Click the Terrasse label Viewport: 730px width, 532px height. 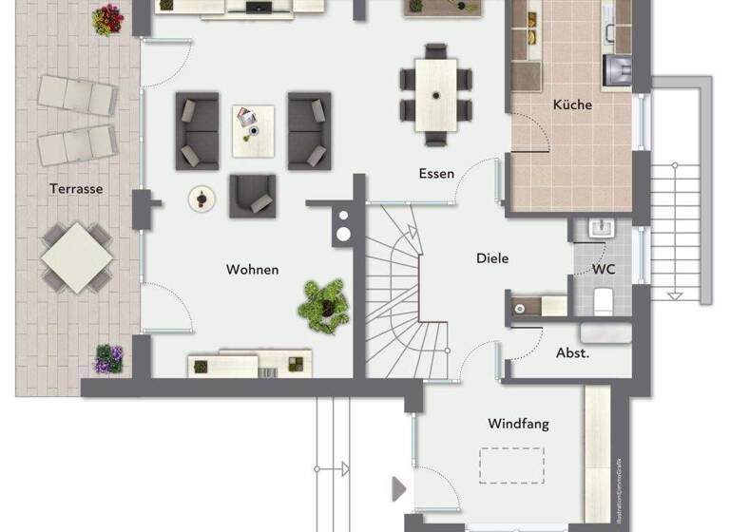[76, 189]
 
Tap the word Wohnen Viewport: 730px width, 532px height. [252, 270]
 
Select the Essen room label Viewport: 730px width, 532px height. [436, 174]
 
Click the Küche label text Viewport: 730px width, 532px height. [572, 104]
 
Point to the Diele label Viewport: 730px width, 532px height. [491, 258]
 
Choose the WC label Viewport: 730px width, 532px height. [604, 270]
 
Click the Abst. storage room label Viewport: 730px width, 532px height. [572, 352]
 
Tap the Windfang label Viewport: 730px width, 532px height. [518, 424]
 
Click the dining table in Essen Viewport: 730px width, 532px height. [437, 94]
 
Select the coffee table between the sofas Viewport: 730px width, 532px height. [253, 130]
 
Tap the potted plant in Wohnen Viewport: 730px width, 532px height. [323, 303]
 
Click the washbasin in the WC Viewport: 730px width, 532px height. [601, 230]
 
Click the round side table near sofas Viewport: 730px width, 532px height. [202, 198]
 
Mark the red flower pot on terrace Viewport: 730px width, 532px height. [108, 18]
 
